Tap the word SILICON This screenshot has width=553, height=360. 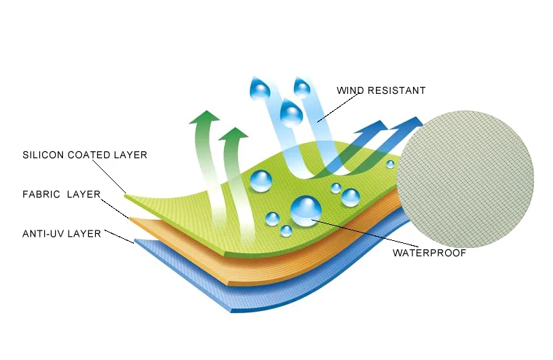click(x=43, y=155)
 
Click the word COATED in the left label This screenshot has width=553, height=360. click(x=90, y=155)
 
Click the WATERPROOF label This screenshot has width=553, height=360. click(x=428, y=253)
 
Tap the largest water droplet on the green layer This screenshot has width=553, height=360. click(x=305, y=211)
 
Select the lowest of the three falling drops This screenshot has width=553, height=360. click(x=291, y=113)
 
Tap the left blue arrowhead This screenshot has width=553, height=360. click(x=376, y=128)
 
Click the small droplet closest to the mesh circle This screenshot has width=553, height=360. click(x=390, y=163)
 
